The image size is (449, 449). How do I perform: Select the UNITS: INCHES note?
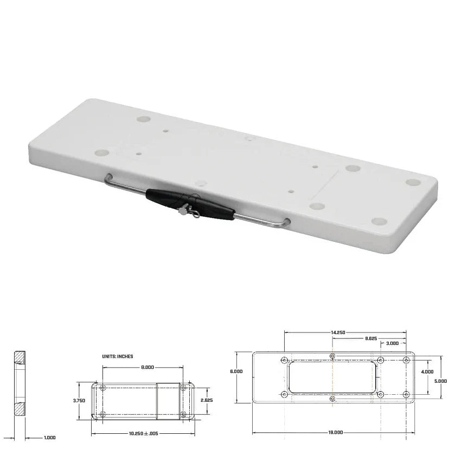[118, 356]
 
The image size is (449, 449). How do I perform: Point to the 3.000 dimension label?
[393, 344]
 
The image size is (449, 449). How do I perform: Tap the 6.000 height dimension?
[236, 371]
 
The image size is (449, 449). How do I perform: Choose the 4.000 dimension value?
[427, 371]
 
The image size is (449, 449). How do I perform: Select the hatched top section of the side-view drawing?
[20, 357]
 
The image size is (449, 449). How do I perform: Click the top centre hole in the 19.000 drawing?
[332, 356]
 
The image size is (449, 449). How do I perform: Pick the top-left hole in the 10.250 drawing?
[103, 388]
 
